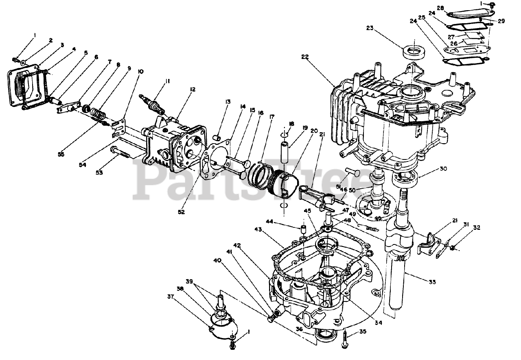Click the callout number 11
pos(167,81)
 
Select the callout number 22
pos(305,57)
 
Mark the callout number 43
pos(258,230)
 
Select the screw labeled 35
pos(345,338)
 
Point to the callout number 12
pos(192,89)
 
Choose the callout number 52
pos(181,212)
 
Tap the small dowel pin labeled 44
pos(303,230)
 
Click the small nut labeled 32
pos(453,247)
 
